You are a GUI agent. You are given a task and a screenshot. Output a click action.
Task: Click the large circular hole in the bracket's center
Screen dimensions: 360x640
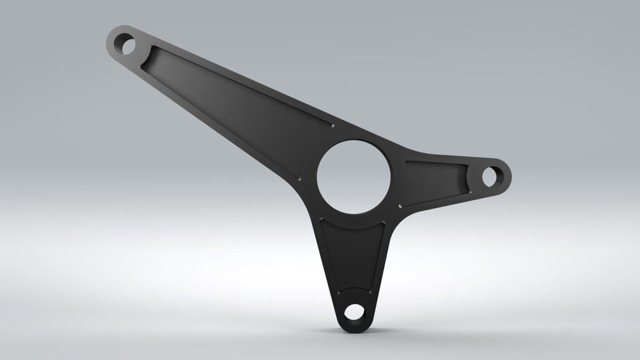click(353, 177)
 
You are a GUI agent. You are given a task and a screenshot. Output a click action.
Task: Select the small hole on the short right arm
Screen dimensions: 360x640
click(490, 177)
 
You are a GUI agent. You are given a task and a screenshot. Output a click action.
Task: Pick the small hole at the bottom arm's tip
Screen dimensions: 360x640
click(355, 311)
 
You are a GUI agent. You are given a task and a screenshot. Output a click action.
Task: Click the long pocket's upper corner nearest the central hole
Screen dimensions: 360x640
click(333, 125)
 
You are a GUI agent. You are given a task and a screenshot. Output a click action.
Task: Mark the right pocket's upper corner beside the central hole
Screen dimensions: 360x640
click(406, 161)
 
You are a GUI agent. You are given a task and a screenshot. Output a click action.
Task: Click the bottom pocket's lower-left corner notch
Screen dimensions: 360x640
click(339, 292)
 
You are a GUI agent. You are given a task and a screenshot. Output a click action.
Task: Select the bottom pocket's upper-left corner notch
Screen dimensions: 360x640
click(320, 221)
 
